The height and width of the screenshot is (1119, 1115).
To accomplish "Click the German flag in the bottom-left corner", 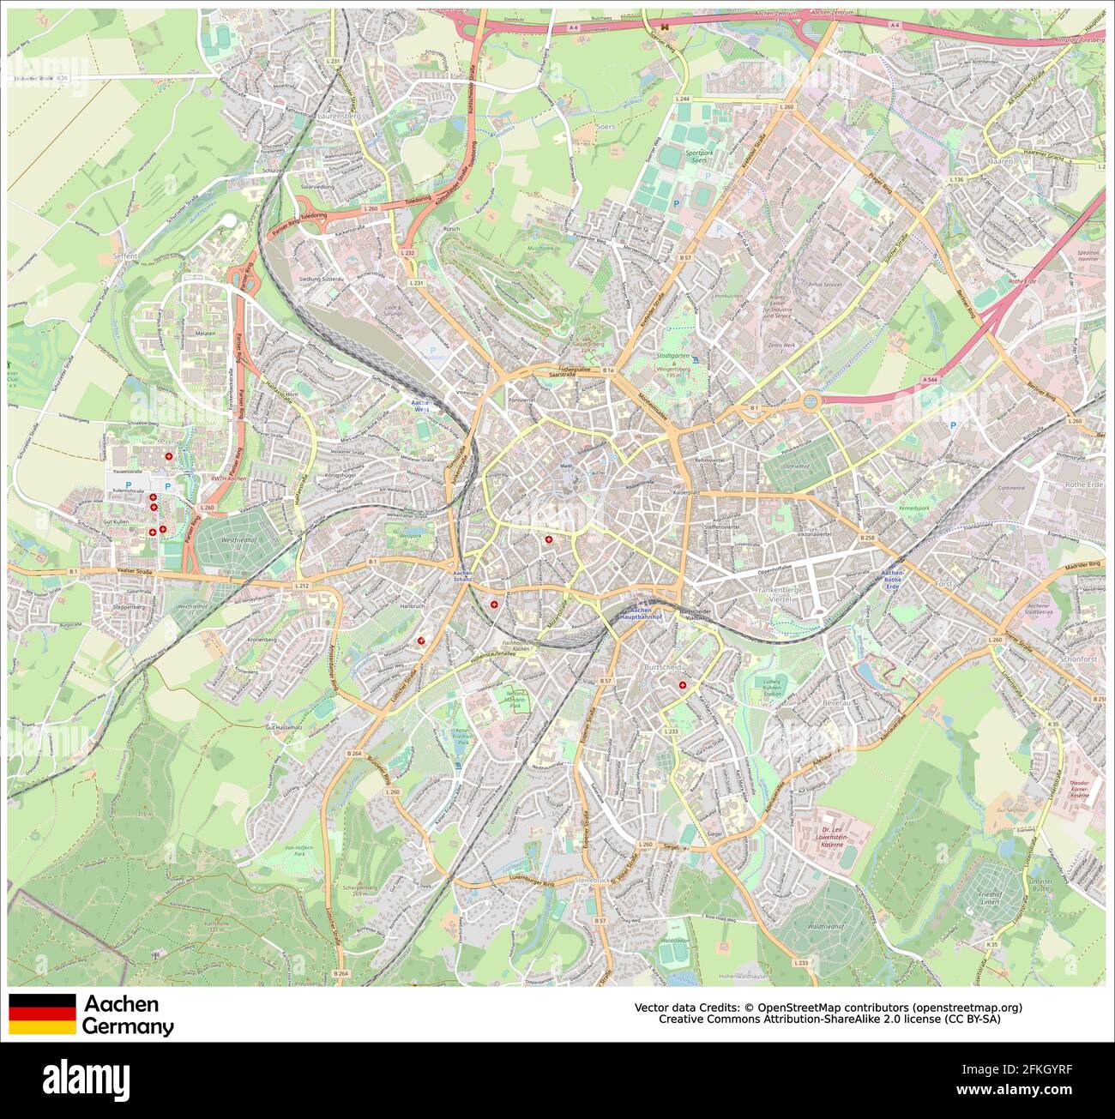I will tap(42, 1014).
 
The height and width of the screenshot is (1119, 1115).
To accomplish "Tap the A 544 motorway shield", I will tap(930, 379).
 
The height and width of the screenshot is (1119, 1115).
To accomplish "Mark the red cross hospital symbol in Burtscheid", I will tap(683, 685).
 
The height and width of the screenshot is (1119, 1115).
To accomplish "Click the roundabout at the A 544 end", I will tap(811, 400).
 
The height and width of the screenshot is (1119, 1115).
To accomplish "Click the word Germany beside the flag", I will tap(128, 1026).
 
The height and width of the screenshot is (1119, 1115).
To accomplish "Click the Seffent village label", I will tap(124, 256).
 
